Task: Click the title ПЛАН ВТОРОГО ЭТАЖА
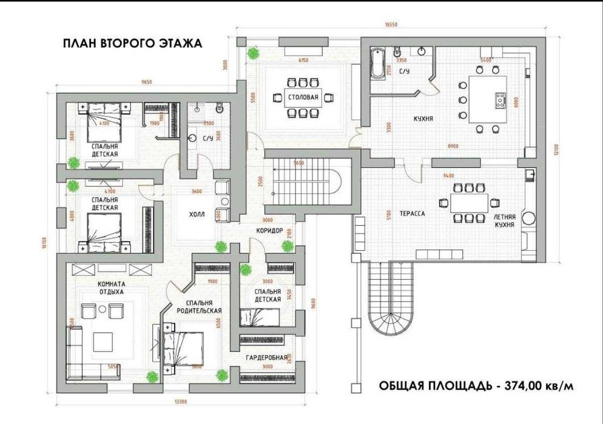132,44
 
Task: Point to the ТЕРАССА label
412,214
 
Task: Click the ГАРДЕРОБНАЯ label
266,357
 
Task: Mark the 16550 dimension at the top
391,25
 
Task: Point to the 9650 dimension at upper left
145,81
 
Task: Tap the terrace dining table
468,204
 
